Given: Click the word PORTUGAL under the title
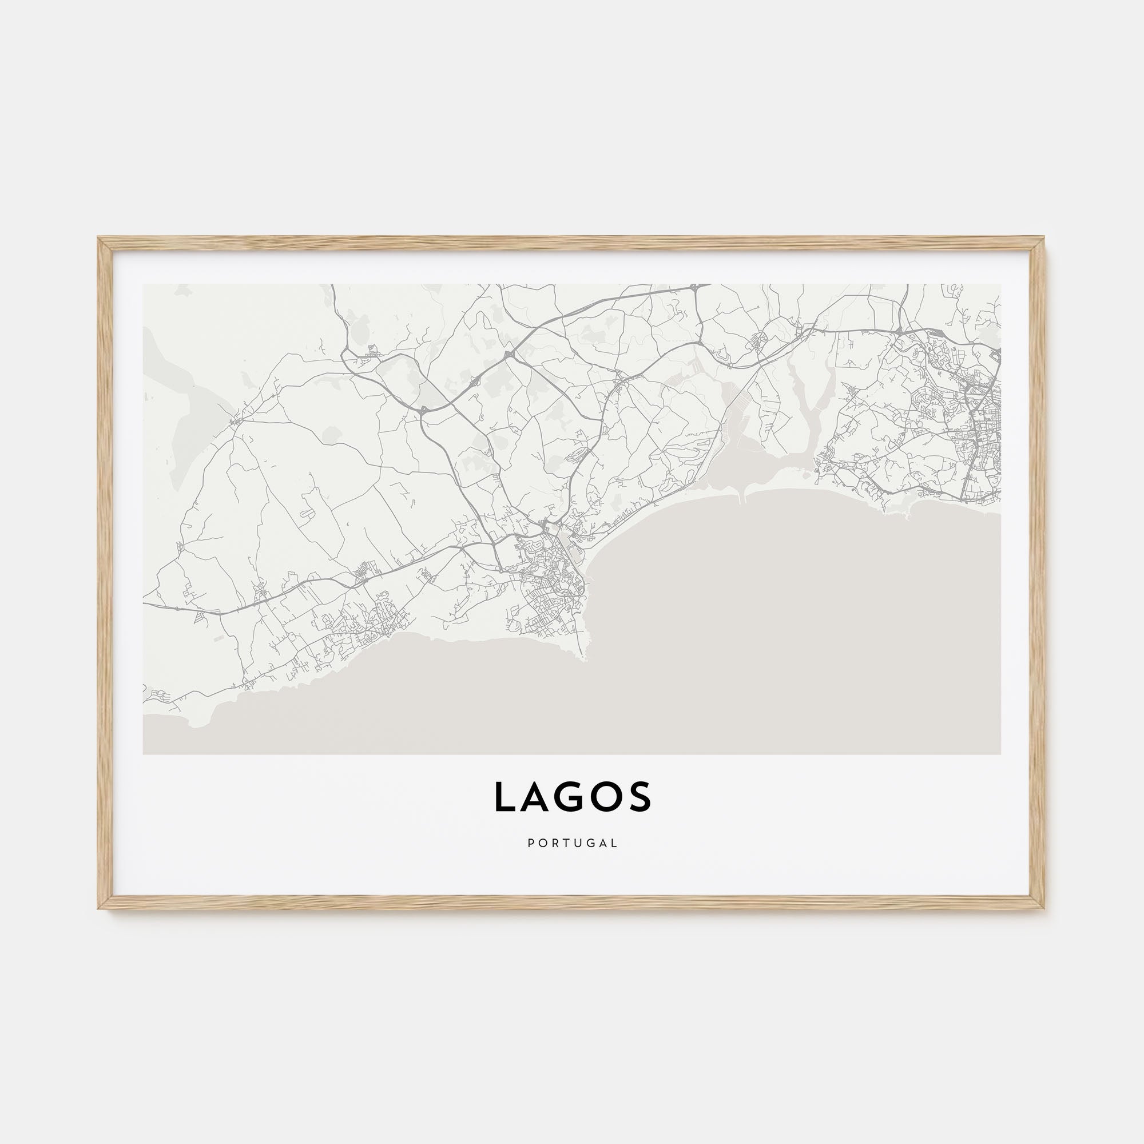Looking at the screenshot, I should [x=572, y=843].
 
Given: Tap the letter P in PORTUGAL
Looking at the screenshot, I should [x=530, y=843].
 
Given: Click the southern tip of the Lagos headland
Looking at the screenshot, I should [x=585, y=657].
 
